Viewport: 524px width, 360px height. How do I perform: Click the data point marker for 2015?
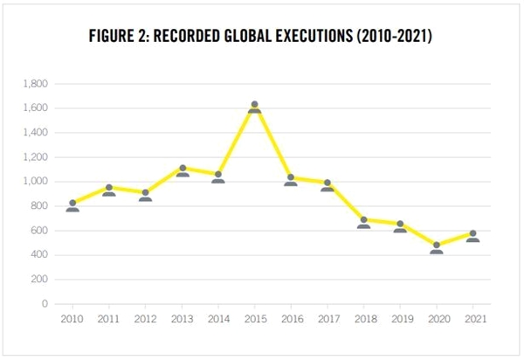pos(255,107)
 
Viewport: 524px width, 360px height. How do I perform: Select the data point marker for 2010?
pos(72,206)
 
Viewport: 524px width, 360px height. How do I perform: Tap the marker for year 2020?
pos(437,248)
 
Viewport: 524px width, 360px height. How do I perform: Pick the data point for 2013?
pos(183,171)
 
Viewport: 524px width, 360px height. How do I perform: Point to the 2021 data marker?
pos(473,236)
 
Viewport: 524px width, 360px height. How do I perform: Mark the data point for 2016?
pos(291,181)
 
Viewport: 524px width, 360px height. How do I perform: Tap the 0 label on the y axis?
pos(45,304)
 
